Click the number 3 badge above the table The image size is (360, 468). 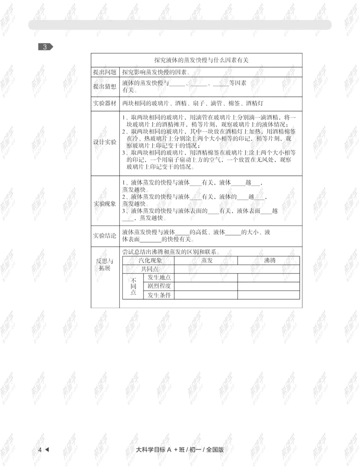coord(45,46)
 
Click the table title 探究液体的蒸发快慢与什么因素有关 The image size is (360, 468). coord(201,60)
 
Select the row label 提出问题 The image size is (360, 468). coord(105,72)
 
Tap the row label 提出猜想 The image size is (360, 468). coord(105,86)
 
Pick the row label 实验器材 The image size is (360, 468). coord(105,103)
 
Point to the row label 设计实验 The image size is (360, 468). coord(105,142)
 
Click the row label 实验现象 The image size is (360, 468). coord(105,204)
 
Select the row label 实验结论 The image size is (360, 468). coord(105,235)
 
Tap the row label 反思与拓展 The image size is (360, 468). coord(105,265)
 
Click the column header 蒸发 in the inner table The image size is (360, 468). coord(207,260)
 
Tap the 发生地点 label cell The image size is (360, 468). coord(159,278)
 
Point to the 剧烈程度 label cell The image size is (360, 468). coord(159,286)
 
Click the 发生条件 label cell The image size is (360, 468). coord(159,295)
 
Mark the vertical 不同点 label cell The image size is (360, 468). coord(134,286)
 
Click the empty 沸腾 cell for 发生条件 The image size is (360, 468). coord(269,295)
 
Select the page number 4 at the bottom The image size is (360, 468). coord(40,450)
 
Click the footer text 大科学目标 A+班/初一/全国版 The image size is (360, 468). coord(180,450)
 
